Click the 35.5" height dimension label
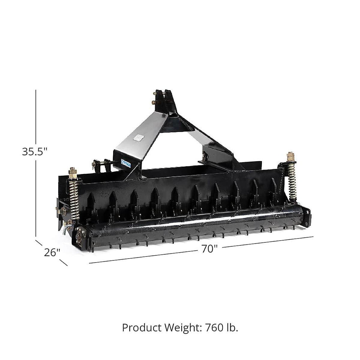pos(35,152)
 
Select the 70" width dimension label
pos(209,249)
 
